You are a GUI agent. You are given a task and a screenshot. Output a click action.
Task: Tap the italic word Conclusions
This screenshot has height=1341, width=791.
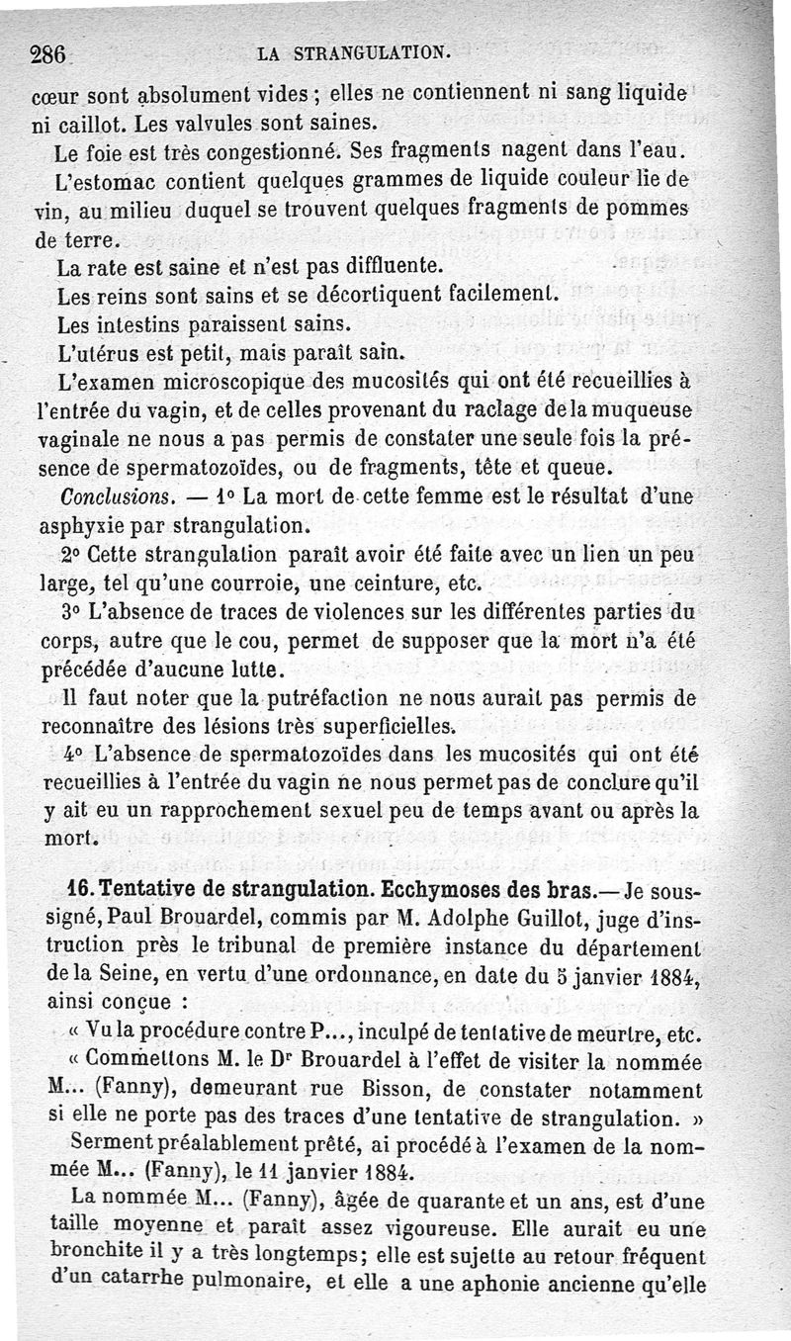pyautogui.click(x=118, y=493)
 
